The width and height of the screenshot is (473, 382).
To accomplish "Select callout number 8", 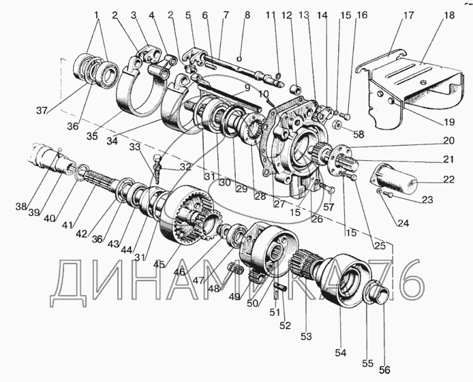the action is [x=247, y=14].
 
